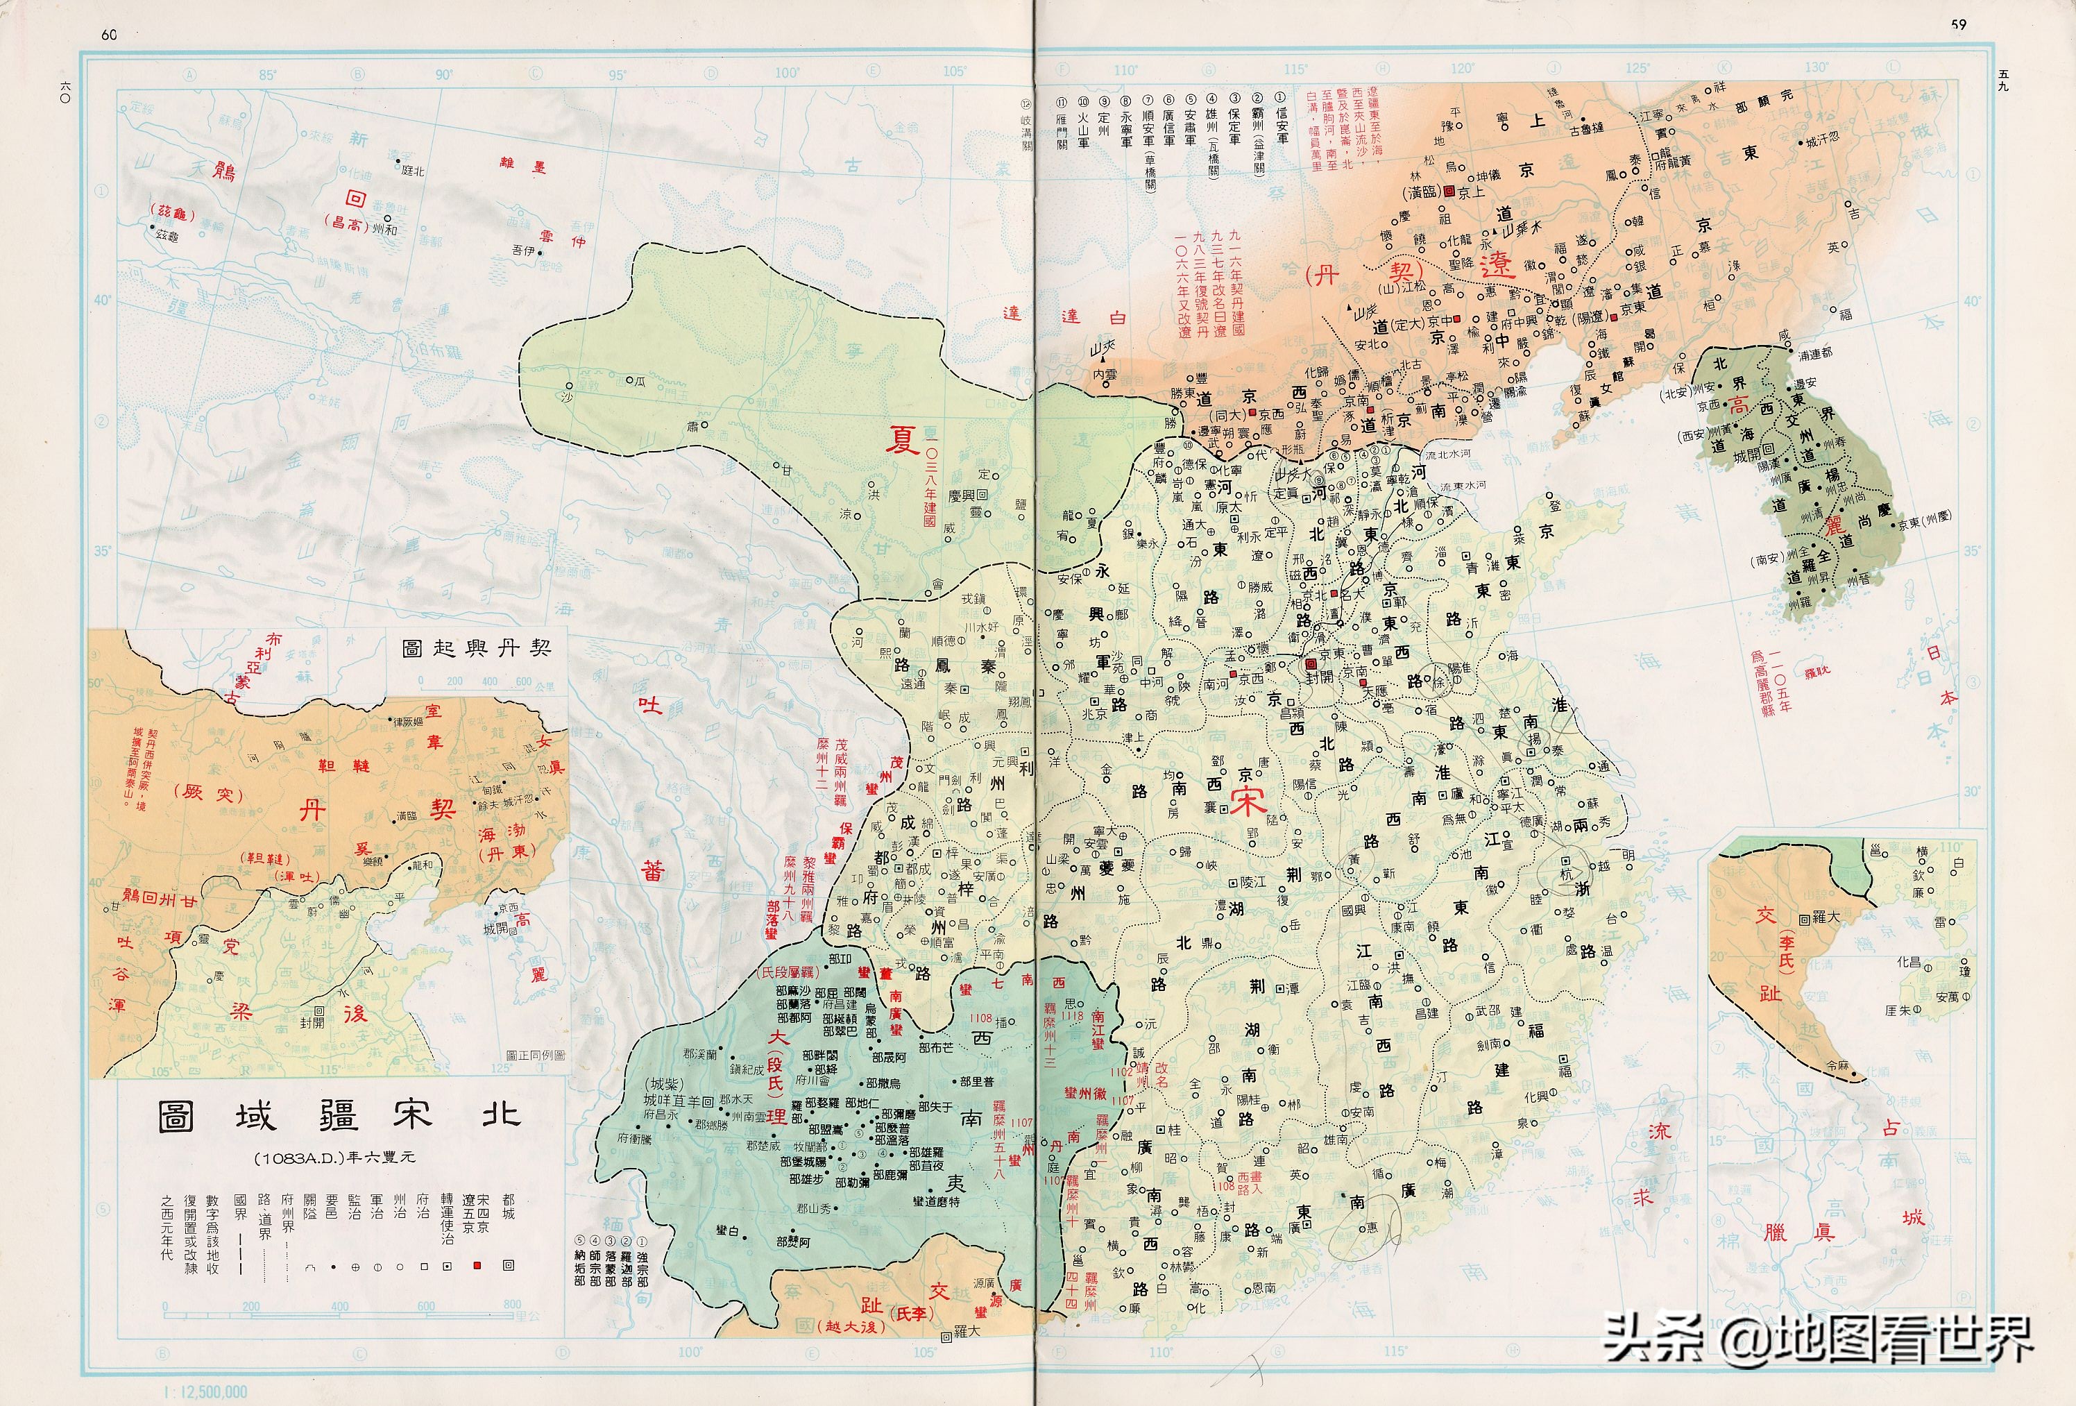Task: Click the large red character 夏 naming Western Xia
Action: click(901, 439)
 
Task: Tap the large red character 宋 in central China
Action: click(1248, 802)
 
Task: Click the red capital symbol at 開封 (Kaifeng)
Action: click(1311, 665)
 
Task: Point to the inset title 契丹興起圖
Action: click(476, 647)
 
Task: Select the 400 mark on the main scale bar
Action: click(339, 1306)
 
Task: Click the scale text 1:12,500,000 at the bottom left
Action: click(205, 1391)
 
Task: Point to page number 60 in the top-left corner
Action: click(109, 35)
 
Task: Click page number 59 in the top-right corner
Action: click(1958, 25)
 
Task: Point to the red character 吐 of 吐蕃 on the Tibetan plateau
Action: click(649, 706)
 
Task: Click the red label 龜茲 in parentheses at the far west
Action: click(175, 212)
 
